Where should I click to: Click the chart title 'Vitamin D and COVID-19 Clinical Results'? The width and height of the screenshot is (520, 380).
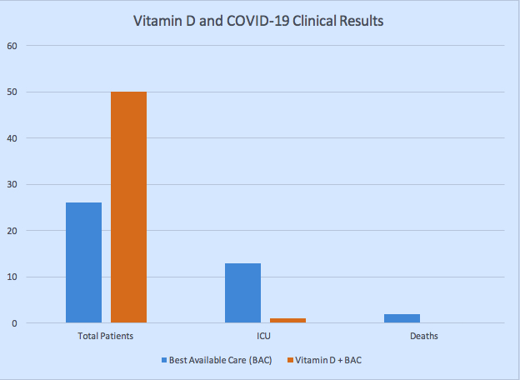[x=258, y=22]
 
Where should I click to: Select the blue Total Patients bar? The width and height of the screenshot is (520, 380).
[x=83, y=262]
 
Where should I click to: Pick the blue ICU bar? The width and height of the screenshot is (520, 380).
[x=242, y=292]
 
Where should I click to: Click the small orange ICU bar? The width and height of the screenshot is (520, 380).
[x=287, y=320]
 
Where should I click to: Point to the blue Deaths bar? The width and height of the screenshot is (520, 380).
[x=402, y=317]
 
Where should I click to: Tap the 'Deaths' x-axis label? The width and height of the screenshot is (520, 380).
[x=424, y=336]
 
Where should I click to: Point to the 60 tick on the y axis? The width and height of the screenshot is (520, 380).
[x=11, y=45]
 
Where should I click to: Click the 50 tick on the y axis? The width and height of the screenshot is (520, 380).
[x=11, y=92]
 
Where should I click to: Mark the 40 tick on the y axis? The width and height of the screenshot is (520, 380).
[x=11, y=137]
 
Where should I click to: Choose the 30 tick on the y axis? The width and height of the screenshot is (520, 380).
[x=11, y=184]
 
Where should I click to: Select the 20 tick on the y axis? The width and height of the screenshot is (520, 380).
[x=11, y=230]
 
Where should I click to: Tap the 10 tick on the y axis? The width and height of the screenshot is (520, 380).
[x=11, y=277]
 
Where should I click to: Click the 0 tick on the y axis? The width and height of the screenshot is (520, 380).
[x=13, y=322]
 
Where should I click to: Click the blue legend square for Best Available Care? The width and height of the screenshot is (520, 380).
[x=164, y=360]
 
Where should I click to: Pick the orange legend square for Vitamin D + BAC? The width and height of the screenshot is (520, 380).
[x=292, y=360]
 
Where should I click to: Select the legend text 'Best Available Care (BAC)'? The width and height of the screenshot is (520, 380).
[x=221, y=360]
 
